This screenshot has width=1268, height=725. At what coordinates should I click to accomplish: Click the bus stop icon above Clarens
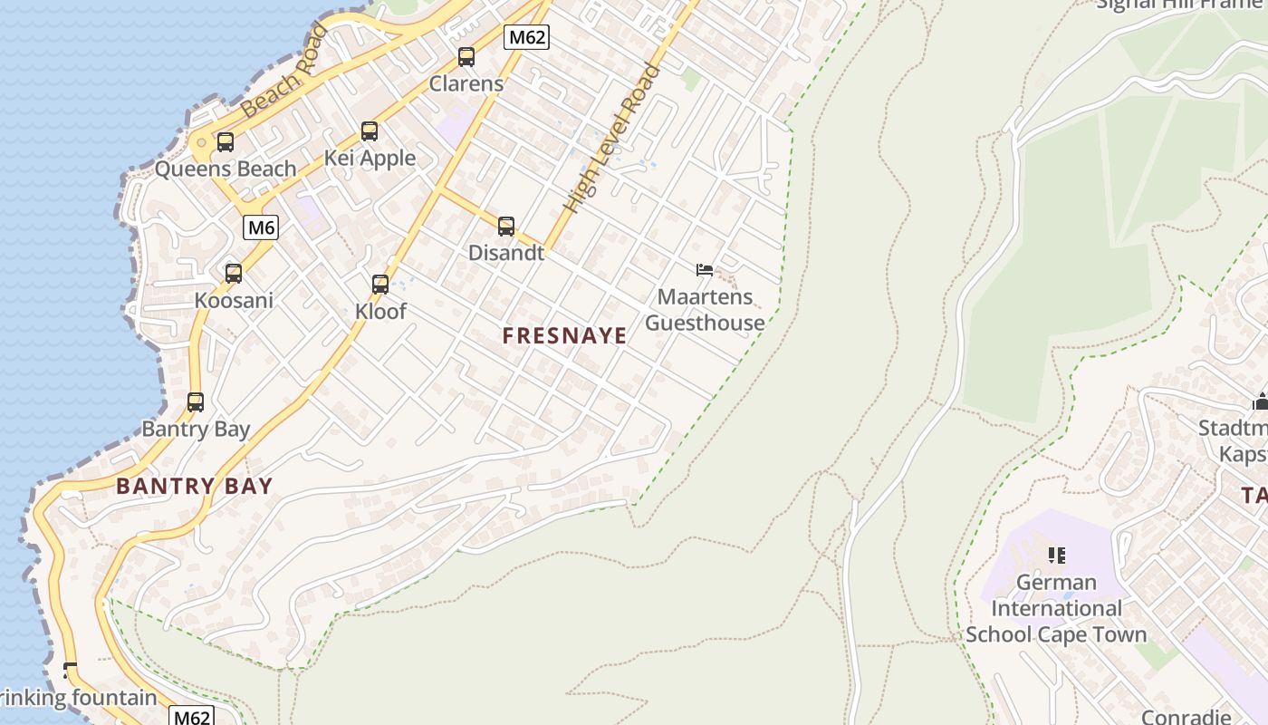pos(466,57)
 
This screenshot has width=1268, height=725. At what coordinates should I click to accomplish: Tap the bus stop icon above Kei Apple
pos(370,131)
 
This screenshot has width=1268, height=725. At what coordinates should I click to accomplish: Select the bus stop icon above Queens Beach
pos(226,142)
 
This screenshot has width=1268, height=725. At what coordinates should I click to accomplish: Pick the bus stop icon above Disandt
pos(506,227)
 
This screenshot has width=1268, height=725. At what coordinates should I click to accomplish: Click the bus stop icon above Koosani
pos(234,273)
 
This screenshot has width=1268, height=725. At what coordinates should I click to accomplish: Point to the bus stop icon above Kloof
pos(380,285)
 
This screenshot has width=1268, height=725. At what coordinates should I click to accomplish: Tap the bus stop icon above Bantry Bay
pos(196,402)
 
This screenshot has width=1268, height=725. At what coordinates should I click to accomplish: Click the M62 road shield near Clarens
pos(526,37)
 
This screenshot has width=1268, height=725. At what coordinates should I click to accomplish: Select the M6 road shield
pos(261,227)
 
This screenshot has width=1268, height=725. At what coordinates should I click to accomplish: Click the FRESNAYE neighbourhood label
pos(565,336)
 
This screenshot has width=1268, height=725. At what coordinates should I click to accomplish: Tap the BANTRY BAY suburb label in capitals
pos(195,486)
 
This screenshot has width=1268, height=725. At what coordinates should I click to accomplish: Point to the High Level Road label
pos(612,138)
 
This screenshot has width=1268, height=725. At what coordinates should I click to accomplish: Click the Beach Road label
pos(284,72)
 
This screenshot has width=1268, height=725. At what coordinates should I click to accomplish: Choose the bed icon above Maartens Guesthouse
pos(705,270)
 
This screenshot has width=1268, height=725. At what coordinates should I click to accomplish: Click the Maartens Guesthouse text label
pos(705,310)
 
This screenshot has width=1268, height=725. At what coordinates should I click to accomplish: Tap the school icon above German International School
pos(1056,555)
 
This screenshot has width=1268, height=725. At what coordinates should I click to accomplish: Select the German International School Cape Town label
pos(1056,608)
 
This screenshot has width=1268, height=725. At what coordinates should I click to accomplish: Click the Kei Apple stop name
pos(370,159)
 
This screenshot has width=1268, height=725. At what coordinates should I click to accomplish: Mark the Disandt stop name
pos(506,253)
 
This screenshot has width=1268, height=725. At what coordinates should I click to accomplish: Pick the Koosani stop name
pos(234,300)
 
